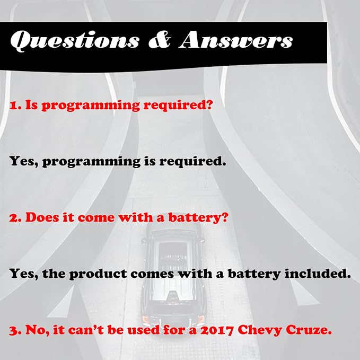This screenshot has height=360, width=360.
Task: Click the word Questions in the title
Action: [75, 40]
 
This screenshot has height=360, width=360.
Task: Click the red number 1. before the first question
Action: [15, 106]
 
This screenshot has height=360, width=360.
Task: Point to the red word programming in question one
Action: [91, 106]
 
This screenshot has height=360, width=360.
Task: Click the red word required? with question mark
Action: [178, 106]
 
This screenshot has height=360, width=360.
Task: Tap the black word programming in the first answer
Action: [91, 162]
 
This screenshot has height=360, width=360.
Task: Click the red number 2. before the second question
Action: [15, 218]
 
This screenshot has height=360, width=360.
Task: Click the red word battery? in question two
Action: [198, 217]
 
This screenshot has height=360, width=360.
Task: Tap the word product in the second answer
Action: [98, 274]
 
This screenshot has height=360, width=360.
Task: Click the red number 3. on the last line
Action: [15, 330]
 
